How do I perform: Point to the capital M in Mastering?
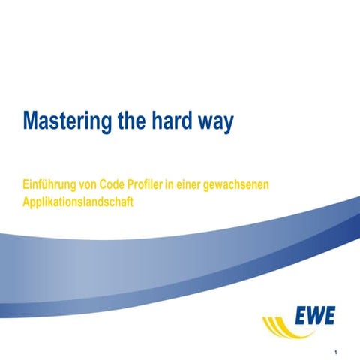tap(32, 121)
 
